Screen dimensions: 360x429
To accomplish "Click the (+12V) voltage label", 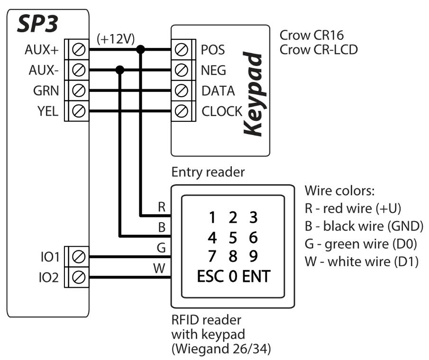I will coord(115,39).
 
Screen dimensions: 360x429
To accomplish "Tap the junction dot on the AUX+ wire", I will coord(141,49).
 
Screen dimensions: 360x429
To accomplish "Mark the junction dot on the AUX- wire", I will coord(120,70).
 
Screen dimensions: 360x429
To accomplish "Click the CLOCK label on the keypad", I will coord(222,111).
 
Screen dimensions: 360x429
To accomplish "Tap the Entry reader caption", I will coord(208,172).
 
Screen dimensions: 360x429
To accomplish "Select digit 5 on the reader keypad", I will coord(232,236).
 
